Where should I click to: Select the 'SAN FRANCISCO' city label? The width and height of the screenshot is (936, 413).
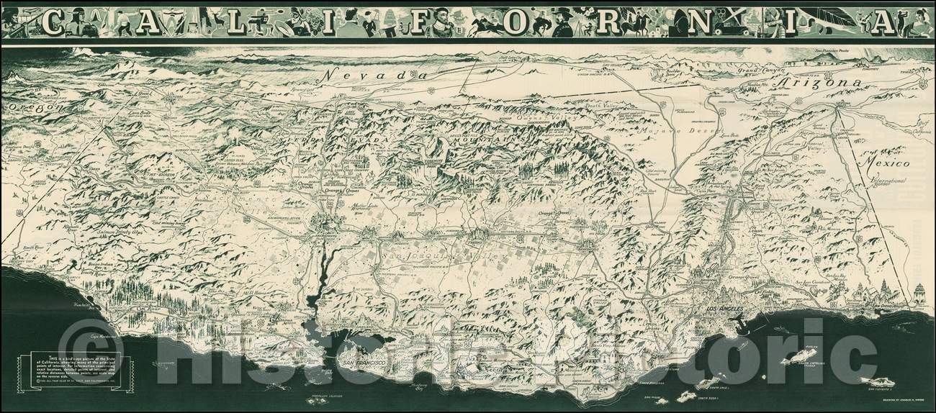coord(364,365)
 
